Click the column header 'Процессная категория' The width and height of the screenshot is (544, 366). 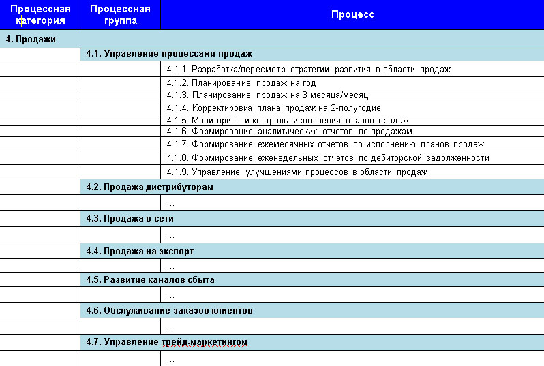40,14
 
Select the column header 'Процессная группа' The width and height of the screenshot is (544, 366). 120,14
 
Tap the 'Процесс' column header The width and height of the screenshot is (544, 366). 352,14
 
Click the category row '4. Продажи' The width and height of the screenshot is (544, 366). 31,39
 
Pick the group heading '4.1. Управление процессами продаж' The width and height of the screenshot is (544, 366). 169,53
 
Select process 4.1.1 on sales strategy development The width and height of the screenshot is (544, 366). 309,69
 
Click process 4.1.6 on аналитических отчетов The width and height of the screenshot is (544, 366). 289,132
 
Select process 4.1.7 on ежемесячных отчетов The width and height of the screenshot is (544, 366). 325,144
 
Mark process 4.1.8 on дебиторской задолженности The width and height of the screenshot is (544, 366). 328,158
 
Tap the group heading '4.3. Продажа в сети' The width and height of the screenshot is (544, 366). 134,219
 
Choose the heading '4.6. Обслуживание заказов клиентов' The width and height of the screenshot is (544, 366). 169,311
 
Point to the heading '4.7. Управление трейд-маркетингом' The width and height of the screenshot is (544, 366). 166,341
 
